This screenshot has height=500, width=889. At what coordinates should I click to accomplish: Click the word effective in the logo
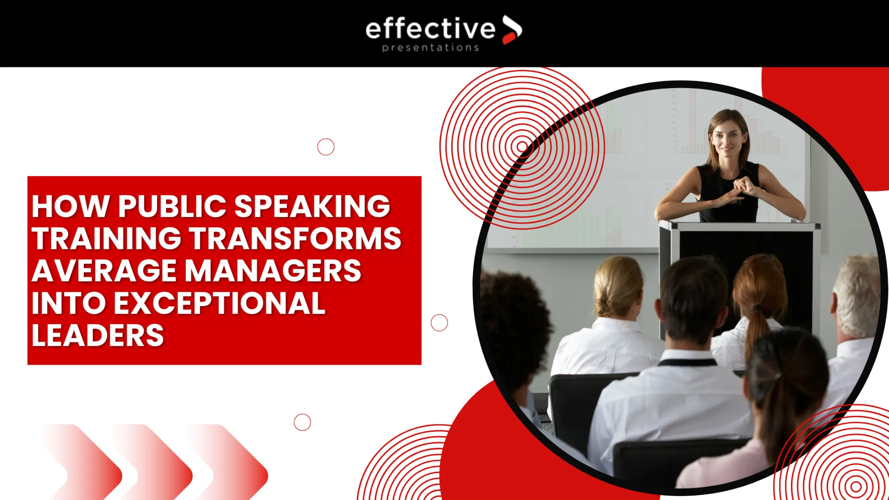tap(430, 30)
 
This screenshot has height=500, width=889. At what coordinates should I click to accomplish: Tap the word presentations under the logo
tap(430, 48)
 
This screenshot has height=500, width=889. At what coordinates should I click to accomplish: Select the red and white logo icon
tap(512, 30)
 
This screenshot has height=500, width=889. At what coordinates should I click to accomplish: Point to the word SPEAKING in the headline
tap(312, 206)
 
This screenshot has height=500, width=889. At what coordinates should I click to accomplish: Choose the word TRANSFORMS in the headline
tap(296, 239)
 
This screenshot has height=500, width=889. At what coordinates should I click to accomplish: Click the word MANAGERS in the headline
tap(273, 271)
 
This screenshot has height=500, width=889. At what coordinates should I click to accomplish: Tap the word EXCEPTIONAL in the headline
tap(219, 303)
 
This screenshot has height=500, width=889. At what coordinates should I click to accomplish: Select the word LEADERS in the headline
tap(98, 336)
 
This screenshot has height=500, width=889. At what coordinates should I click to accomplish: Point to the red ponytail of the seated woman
tap(757, 330)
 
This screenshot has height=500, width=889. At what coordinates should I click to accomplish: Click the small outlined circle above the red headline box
tap(326, 147)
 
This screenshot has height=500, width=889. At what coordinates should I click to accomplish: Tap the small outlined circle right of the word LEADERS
tap(439, 322)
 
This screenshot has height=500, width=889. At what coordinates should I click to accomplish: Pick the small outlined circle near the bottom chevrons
tap(302, 422)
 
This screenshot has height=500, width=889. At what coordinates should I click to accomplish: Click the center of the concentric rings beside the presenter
tap(522, 147)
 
